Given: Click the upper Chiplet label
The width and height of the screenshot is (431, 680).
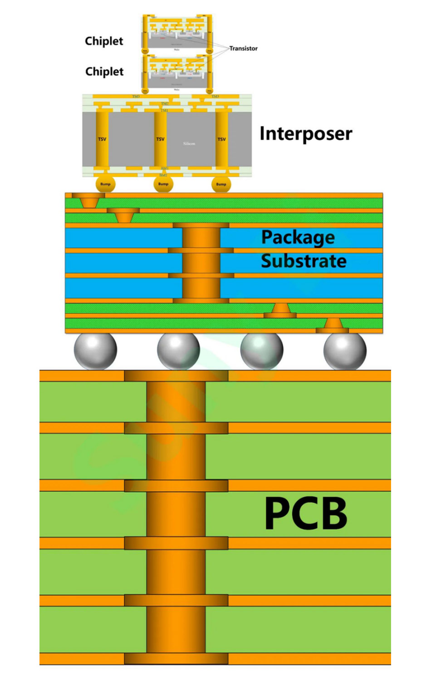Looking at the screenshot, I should [104, 41].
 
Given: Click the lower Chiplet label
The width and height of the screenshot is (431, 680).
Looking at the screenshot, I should [104, 72].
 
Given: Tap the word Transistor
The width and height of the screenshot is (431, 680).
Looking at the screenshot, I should [243, 49].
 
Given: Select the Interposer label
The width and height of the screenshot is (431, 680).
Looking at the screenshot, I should [306, 134].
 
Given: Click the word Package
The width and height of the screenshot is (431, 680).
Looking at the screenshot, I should [298, 237].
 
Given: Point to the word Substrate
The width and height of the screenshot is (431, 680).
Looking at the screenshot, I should [304, 261].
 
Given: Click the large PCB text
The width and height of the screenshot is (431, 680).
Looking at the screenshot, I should [306, 513].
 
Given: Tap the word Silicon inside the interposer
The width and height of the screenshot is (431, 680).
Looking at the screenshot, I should [189, 144].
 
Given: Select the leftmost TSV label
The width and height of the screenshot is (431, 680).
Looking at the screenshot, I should [102, 139].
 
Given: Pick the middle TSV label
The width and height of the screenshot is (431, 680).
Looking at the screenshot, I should [160, 139].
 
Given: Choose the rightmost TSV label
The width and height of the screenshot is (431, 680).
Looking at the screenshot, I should [221, 139].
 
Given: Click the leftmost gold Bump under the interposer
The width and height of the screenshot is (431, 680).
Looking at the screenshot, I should [105, 184].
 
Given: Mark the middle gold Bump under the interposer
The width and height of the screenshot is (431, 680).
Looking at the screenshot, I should [163, 184].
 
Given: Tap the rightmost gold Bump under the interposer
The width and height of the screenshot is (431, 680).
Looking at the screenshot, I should [221, 184].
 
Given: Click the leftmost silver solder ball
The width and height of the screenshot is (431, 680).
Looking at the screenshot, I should [95, 350].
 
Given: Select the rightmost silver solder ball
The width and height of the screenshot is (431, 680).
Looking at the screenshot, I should [345, 350].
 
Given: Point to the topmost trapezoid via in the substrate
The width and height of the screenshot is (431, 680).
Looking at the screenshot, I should [88, 201].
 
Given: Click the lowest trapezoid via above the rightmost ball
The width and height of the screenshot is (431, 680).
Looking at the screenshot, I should [333, 324].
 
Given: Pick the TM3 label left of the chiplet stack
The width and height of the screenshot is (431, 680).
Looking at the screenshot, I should [136, 97].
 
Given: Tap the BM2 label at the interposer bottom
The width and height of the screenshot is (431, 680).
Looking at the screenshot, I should [163, 175].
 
